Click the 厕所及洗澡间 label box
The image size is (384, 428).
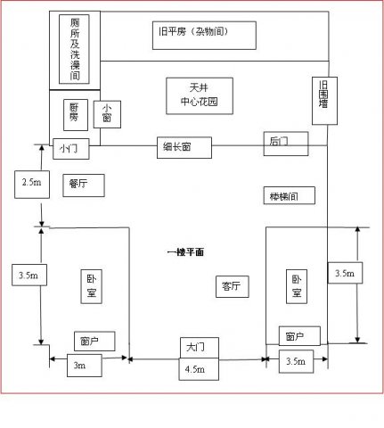(x=74, y=48)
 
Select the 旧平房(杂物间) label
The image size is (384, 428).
(x=204, y=34)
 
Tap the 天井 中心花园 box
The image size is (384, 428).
(x=199, y=95)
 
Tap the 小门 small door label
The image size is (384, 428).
(x=69, y=147)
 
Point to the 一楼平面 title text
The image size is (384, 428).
(x=185, y=253)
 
